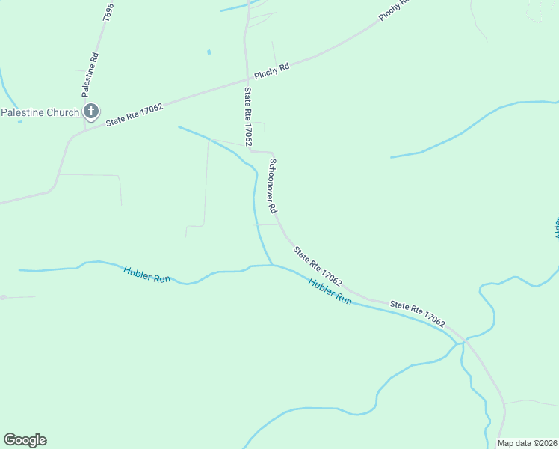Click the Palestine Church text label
click(40, 112)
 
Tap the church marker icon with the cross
click(90, 112)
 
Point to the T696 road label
click(108, 12)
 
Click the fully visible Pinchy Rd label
click(271, 71)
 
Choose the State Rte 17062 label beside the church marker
click(135, 114)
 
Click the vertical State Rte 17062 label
click(247, 116)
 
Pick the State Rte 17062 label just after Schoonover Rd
click(318, 266)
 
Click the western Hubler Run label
click(147, 275)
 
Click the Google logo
click(25, 440)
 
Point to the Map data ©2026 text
click(528, 443)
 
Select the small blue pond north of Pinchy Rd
click(209, 52)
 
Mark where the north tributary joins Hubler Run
click(271, 265)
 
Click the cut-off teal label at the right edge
click(556, 227)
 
